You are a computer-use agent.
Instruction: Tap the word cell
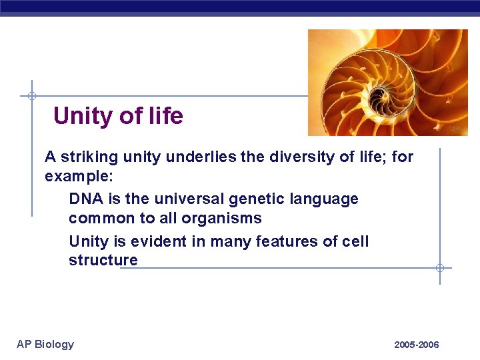(356, 241)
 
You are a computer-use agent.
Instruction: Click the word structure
(103, 260)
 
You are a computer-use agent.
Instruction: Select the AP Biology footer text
(45, 344)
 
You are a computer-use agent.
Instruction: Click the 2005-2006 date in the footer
(417, 345)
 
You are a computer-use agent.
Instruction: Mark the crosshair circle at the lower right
(440, 268)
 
